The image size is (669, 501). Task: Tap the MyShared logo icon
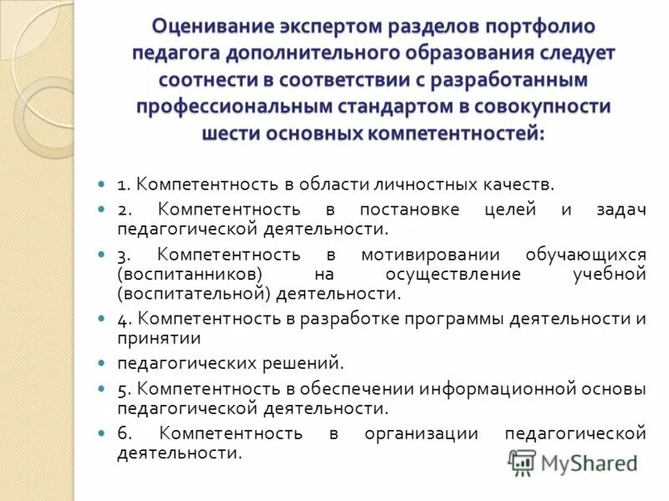pyautogui.click(x=522, y=462)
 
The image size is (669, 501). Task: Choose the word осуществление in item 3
pyautogui.click(x=453, y=275)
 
